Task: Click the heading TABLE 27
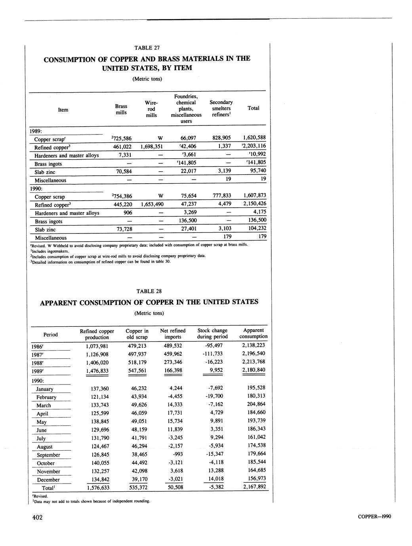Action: pyautogui.click(x=147, y=48)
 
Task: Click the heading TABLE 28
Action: pyautogui.click(x=149, y=291)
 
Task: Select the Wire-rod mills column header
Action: pyautogui.click(x=151, y=109)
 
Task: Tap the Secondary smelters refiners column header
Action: pyautogui.click(x=221, y=108)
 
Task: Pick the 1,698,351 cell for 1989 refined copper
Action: pyautogui.click(x=152, y=146)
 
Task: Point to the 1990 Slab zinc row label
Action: pyautogui.click(x=45, y=229)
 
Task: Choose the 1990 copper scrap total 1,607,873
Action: pyautogui.click(x=253, y=195)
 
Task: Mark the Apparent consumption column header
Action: pyautogui.click(x=254, y=333)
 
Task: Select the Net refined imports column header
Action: pyautogui.click(x=173, y=334)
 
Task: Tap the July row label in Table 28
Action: pyautogui.click(x=41, y=438)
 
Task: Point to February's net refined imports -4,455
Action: pyautogui.click(x=174, y=396)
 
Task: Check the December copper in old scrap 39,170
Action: pyautogui.click(x=140, y=479)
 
